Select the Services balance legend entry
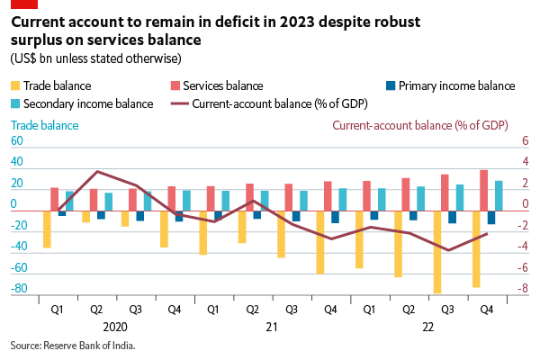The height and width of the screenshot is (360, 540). [x=221, y=86]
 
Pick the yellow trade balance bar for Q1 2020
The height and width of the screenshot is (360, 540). [x=47, y=229]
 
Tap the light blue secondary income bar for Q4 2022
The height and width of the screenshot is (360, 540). [x=499, y=194]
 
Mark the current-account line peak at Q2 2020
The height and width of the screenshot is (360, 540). [x=97, y=171]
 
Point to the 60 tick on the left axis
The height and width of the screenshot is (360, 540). [x=15, y=142]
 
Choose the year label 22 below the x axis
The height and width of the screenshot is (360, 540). [x=427, y=328]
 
